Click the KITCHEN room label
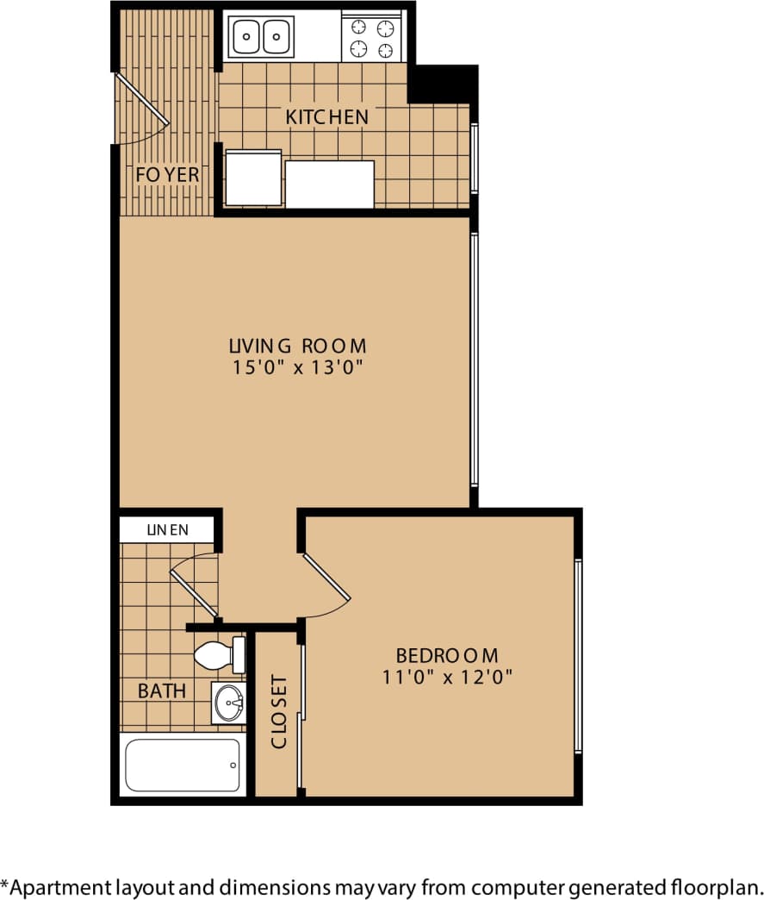click(x=327, y=116)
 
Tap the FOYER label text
click(x=167, y=175)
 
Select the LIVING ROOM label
click(x=297, y=346)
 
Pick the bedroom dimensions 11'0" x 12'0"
click(x=448, y=677)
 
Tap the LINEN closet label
click(x=167, y=529)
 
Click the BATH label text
click(x=162, y=691)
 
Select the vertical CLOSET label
click(x=279, y=711)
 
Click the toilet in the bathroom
click(x=220, y=656)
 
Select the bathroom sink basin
click(x=229, y=703)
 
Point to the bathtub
click(x=183, y=766)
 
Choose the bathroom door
click(x=193, y=586)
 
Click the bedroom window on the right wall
click(x=579, y=655)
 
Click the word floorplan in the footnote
click(x=716, y=886)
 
